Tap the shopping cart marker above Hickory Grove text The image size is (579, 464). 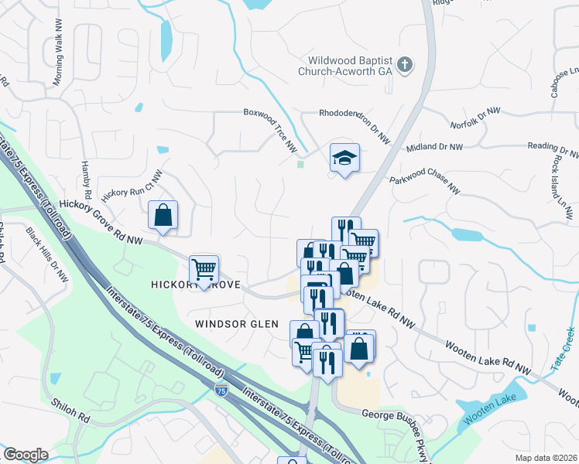(x=204, y=270)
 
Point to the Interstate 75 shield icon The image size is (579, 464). (x=222, y=391)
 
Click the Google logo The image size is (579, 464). (x=26, y=455)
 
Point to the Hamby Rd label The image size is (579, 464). (x=87, y=181)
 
